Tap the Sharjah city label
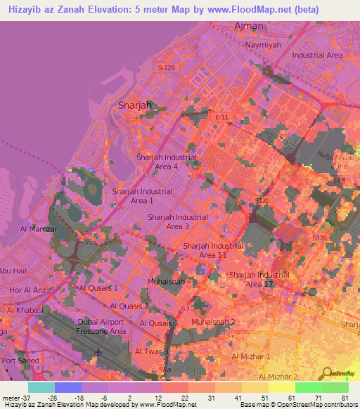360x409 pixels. [135, 105]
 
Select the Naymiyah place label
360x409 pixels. [262, 44]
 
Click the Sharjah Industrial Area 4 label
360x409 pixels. [167, 162]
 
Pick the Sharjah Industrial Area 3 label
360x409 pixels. [177, 222]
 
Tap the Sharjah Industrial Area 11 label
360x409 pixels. [212, 250]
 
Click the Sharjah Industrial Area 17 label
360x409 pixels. [259, 279]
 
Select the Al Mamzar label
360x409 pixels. [38, 229]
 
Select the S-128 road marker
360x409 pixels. [167, 67]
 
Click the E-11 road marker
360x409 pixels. [222, 117]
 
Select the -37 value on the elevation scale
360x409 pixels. [25, 397]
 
